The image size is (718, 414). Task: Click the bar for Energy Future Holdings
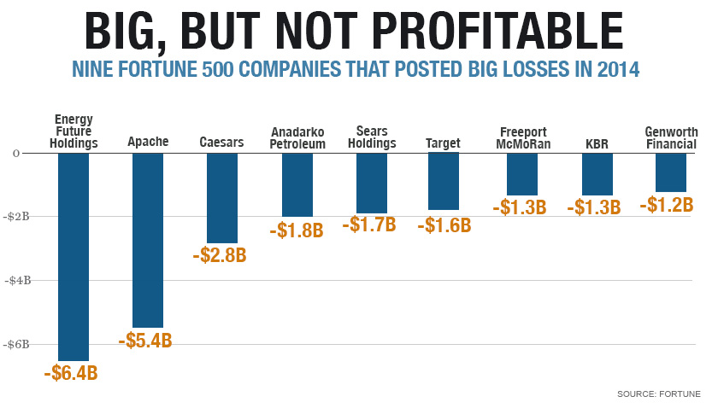(x=74, y=256)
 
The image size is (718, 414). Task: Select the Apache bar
(x=148, y=239)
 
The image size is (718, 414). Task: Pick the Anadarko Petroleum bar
(x=297, y=184)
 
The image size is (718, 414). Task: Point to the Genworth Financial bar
(x=671, y=172)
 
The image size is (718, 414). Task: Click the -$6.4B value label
(x=71, y=373)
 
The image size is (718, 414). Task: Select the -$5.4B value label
(x=146, y=341)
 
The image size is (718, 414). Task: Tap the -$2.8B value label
(x=220, y=256)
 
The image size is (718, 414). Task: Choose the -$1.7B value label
(x=369, y=225)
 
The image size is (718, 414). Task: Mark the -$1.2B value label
(x=668, y=205)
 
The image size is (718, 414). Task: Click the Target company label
(x=443, y=143)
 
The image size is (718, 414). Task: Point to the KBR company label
(x=597, y=143)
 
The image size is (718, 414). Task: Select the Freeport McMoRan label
(x=522, y=137)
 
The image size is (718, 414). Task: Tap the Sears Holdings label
(x=372, y=137)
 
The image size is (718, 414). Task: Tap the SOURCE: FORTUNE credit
(x=658, y=394)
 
